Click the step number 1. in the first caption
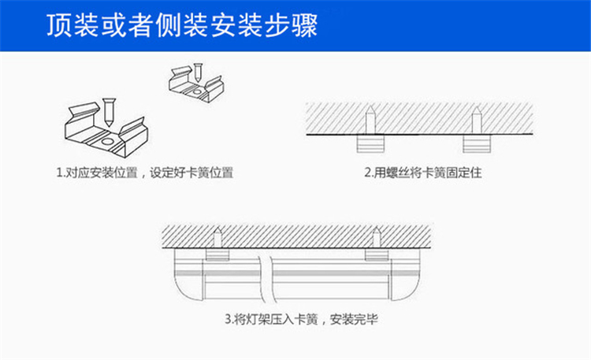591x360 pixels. pyautogui.click(x=60, y=171)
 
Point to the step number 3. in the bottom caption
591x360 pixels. pyautogui.click(x=229, y=321)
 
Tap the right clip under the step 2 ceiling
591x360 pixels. pyautogui.click(x=475, y=143)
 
